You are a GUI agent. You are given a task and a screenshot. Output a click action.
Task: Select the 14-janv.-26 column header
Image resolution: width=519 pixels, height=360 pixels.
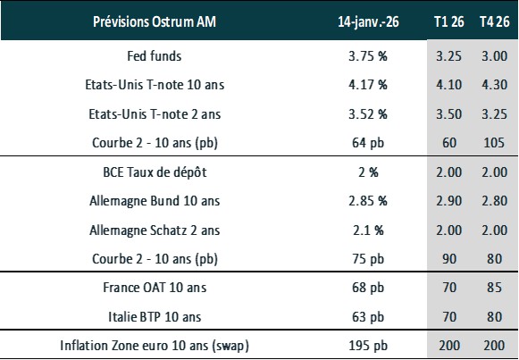(x=367, y=21)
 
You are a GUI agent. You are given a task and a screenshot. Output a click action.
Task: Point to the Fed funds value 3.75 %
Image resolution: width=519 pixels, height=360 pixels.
(x=366, y=55)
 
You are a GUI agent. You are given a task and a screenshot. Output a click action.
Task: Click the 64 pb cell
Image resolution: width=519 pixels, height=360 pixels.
(x=366, y=142)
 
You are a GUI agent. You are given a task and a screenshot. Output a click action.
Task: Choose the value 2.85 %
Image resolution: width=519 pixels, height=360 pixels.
(x=366, y=201)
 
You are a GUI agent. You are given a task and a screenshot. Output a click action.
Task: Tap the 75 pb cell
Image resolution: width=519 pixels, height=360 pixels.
(x=366, y=259)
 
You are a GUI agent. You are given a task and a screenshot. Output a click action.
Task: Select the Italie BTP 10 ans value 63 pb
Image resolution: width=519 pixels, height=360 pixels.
(x=366, y=317)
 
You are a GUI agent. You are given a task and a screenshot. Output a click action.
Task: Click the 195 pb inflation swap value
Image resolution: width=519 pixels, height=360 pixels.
(x=366, y=346)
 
